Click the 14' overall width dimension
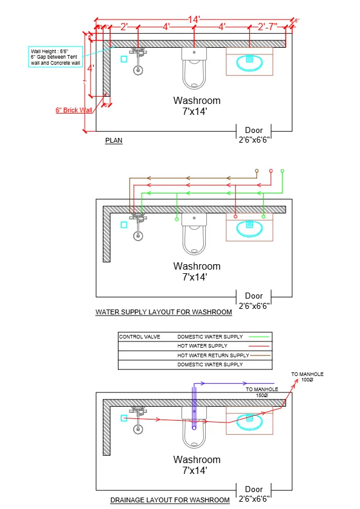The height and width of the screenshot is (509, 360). (194, 19)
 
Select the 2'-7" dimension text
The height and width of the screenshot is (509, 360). (267, 27)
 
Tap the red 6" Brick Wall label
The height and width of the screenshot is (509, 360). (74, 111)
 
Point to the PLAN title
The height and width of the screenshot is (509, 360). (114, 140)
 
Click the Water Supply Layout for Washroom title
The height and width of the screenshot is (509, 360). (163, 313)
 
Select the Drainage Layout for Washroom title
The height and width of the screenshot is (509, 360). (170, 500)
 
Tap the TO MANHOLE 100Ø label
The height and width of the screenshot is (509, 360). (307, 377)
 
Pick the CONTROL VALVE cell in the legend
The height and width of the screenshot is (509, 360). (140, 337)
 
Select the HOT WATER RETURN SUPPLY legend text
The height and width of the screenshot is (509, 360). (213, 355)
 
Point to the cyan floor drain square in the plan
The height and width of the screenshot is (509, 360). (124, 59)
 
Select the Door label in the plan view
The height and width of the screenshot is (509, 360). (254, 130)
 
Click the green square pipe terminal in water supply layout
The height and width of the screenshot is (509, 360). (282, 171)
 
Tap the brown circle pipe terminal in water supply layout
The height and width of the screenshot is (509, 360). (257, 171)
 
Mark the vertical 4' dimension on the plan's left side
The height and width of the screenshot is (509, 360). (90, 68)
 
